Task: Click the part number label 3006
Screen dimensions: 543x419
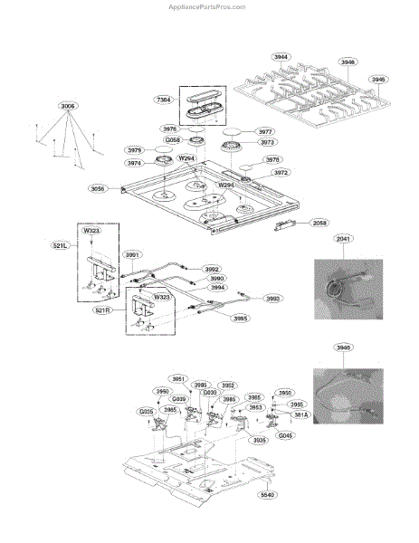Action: (69, 106)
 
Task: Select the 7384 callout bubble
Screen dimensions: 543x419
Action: (164, 99)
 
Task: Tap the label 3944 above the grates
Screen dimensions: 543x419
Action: (281, 56)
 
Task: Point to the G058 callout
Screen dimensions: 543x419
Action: (173, 140)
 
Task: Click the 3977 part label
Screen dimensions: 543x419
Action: (265, 131)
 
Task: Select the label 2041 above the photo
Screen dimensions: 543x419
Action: (342, 239)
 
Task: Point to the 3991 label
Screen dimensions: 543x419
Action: (133, 255)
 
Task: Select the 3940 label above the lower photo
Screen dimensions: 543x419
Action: (342, 347)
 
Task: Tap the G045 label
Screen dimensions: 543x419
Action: (285, 435)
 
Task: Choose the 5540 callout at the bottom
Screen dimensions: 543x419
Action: (266, 495)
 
